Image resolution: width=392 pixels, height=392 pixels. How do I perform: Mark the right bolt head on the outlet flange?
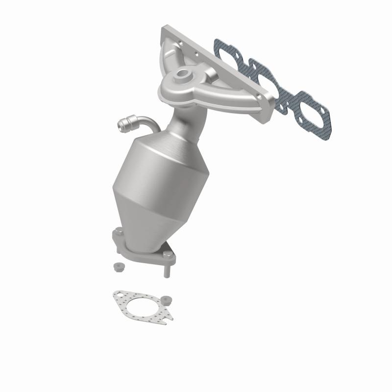tap(171, 255)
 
